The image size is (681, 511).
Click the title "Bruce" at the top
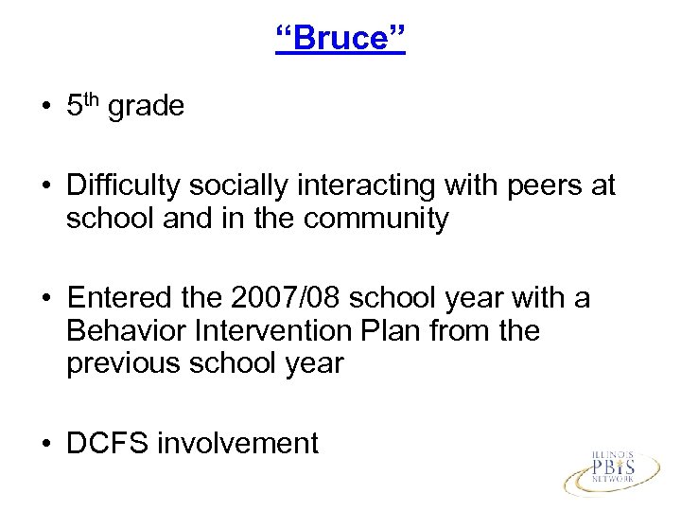coord(340,41)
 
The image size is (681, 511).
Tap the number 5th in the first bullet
coord(83,106)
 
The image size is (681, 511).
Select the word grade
coord(147,107)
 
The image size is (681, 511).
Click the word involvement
coord(239,443)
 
